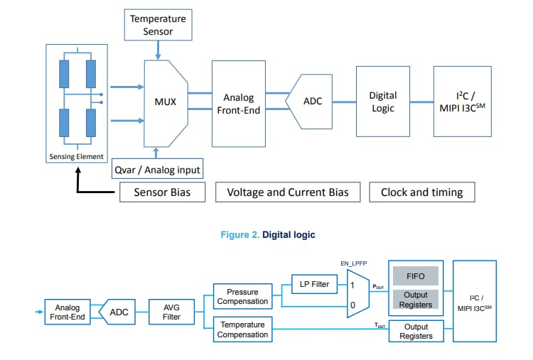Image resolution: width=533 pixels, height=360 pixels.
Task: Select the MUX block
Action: tap(166, 102)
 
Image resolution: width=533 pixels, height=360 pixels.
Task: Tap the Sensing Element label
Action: tap(76, 156)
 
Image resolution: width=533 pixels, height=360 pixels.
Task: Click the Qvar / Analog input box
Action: tap(158, 169)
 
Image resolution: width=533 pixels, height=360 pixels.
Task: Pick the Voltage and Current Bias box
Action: tap(287, 192)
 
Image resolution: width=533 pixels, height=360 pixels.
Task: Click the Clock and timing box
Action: tap(421, 192)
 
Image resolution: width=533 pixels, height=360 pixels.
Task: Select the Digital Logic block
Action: tap(382, 102)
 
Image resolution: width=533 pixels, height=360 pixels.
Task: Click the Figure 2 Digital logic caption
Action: tap(266, 235)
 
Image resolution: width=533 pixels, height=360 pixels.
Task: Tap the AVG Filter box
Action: tap(171, 312)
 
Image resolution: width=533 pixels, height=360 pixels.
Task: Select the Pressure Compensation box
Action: tap(243, 296)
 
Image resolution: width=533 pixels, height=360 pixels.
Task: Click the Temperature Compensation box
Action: tap(243, 329)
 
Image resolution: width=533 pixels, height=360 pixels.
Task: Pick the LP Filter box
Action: tap(314, 284)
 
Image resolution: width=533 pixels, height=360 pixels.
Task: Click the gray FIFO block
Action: tap(416, 276)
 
